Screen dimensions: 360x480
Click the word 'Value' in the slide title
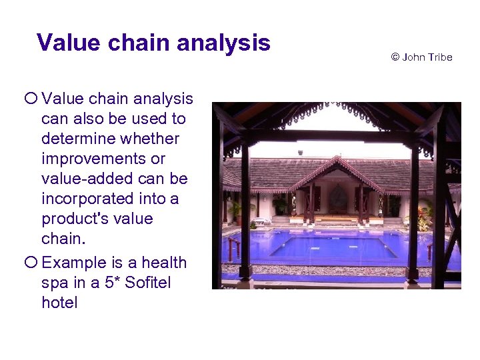point(64,43)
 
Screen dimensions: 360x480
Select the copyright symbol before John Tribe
point(395,57)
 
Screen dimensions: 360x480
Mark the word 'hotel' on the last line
point(59,303)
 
